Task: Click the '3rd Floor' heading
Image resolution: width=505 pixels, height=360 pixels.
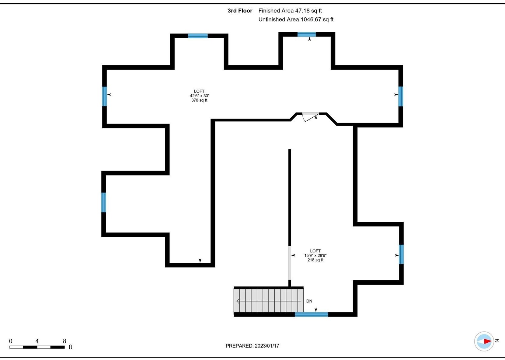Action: point(240,11)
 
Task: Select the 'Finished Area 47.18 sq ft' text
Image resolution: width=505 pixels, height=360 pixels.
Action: point(290,11)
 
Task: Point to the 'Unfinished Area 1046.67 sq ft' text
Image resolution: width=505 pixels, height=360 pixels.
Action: point(296,19)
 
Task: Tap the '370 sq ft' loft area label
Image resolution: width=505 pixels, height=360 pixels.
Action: point(199,100)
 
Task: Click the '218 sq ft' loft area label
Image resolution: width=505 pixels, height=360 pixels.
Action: point(315,260)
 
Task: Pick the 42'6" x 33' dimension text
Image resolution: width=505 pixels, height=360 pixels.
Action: point(199,96)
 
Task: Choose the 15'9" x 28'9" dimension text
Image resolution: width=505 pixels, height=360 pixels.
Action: point(315,255)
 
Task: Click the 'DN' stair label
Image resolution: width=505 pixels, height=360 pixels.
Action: point(309,301)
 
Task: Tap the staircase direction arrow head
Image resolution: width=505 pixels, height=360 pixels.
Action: point(238,301)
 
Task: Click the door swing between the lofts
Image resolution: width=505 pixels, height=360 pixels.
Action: point(310,117)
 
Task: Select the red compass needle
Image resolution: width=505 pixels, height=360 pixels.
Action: point(488,341)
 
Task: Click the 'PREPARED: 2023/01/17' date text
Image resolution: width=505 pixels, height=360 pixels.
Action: point(252,346)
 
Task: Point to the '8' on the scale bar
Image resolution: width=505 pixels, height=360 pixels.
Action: point(64,341)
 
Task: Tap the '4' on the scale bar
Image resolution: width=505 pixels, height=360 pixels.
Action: point(37,341)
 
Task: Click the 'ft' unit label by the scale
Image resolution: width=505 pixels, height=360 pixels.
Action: point(70,347)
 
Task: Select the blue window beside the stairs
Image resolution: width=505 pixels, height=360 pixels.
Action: point(311,314)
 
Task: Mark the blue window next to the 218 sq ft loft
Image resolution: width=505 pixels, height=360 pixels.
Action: point(401,254)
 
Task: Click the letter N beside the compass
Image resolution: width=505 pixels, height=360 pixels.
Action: point(497,341)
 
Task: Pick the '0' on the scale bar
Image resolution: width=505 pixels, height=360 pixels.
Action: point(11,341)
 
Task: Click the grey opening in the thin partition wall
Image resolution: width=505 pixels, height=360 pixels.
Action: point(290,263)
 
